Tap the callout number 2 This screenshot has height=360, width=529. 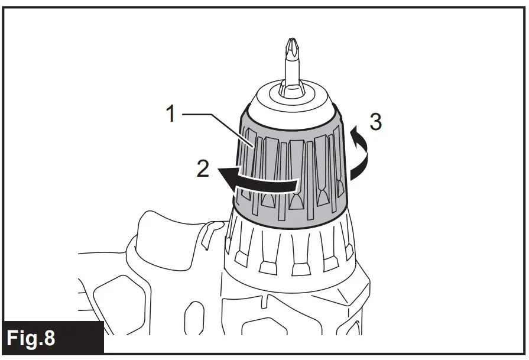tap(202, 168)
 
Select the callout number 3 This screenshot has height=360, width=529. tap(375, 122)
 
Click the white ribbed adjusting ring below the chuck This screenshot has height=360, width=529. tap(290, 248)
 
